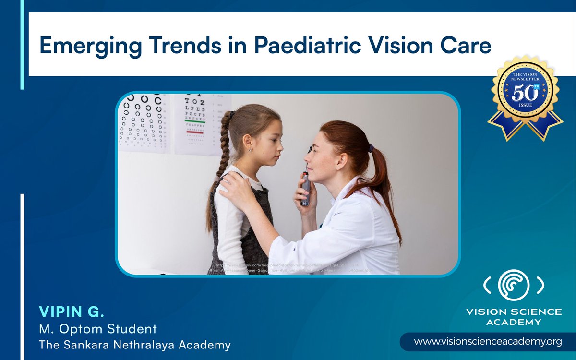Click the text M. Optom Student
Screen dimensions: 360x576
98,329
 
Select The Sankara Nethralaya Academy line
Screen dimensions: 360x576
134,345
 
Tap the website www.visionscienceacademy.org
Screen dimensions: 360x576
488,342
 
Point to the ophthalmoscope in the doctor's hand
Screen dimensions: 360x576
306,182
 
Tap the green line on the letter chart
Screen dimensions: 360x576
195,122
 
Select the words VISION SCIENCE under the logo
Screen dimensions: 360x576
514,312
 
